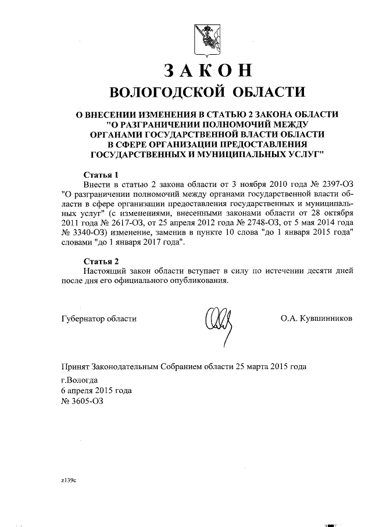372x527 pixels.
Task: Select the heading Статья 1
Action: pyautogui.click(x=101, y=174)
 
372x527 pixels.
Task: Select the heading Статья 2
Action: pyautogui.click(x=101, y=260)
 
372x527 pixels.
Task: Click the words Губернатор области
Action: pyautogui.click(x=99, y=319)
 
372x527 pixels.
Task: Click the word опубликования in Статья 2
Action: pyautogui.click(x=194, y=280)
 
